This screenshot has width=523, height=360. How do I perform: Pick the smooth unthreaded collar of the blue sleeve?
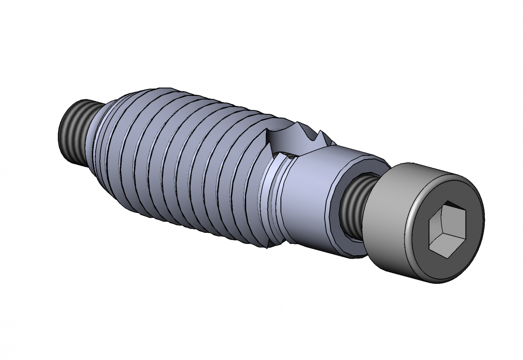tap(310, 193)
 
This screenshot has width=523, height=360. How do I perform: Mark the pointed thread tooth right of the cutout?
tap(320, 135)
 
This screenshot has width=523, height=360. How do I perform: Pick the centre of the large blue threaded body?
tap(181, 161)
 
